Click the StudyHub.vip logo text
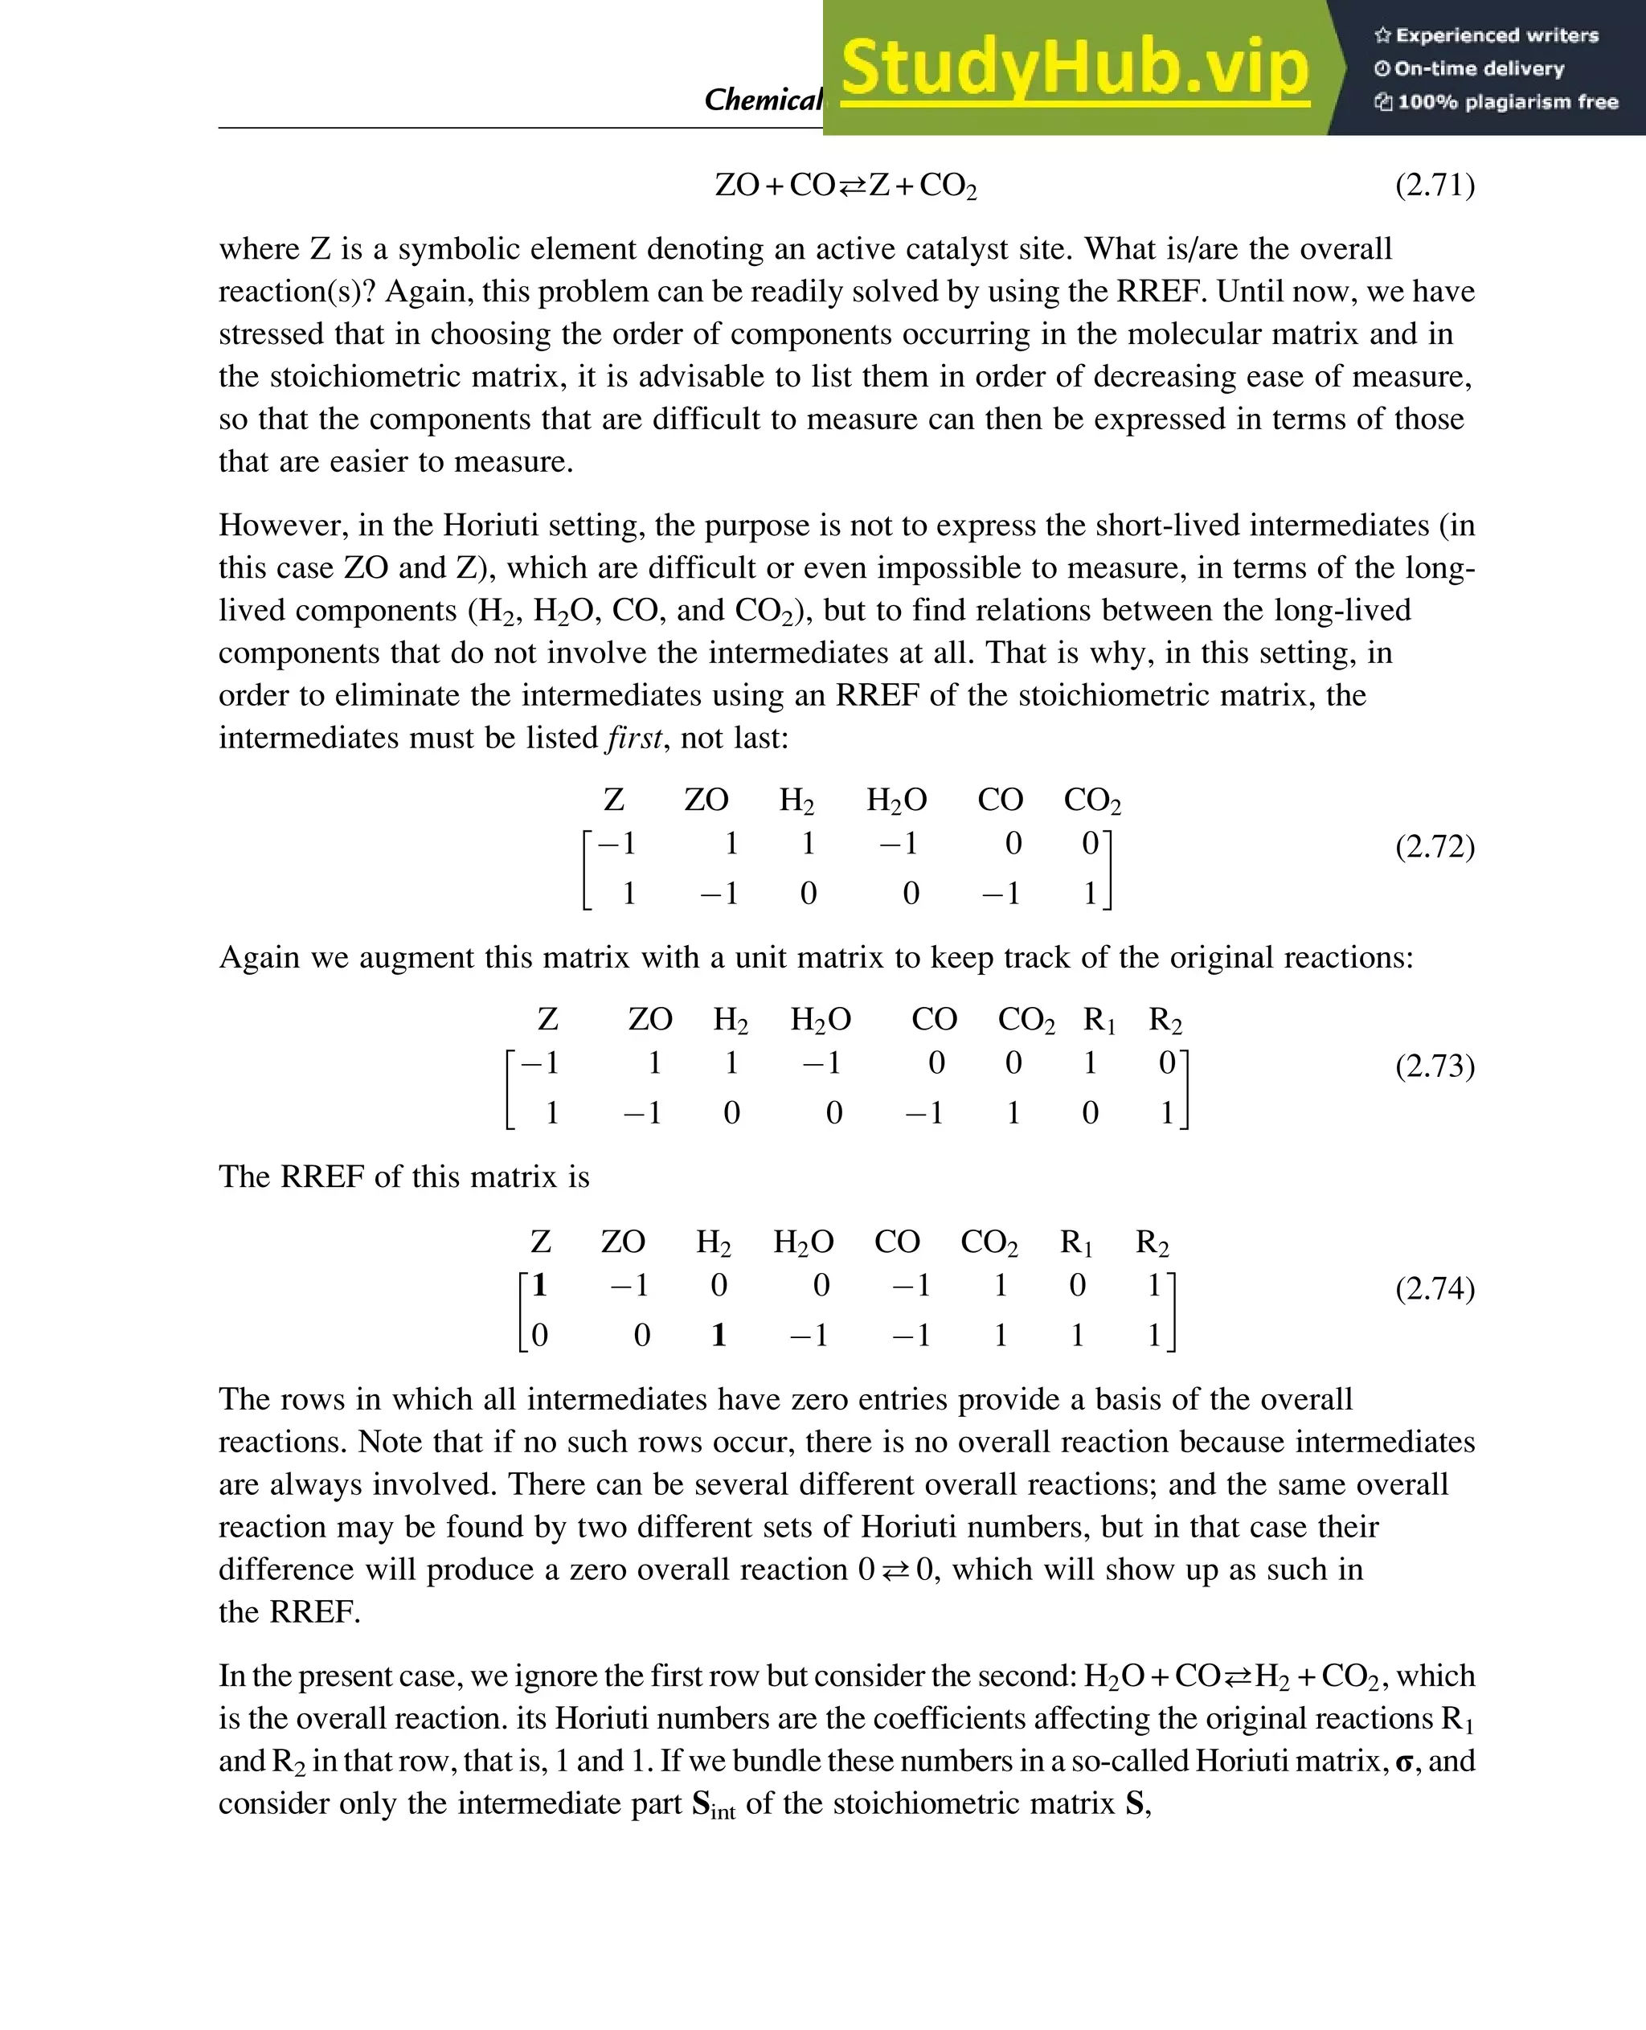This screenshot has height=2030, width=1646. (1075, 68)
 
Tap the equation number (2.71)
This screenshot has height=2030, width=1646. (1435, 184)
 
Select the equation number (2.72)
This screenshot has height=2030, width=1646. (1435, 845)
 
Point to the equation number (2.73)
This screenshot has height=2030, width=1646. (1435, 1066)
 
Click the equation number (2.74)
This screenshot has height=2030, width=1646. (1435, 1288)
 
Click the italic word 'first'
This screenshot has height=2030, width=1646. (634, 738)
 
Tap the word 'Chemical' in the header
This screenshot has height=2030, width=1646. (762, 100)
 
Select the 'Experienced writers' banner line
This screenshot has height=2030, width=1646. (1487, 36)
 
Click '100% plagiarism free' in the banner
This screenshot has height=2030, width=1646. (1497, 102)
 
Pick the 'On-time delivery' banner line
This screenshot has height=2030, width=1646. (1470, 69)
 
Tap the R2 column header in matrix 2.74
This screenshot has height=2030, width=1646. (1152, 1243)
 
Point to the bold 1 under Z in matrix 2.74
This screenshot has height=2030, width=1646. (539, 1286)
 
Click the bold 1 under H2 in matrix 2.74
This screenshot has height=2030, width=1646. (719, 1336)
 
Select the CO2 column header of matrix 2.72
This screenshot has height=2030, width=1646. (1091, 801)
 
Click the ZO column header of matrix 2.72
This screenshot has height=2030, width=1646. (706, 800)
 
